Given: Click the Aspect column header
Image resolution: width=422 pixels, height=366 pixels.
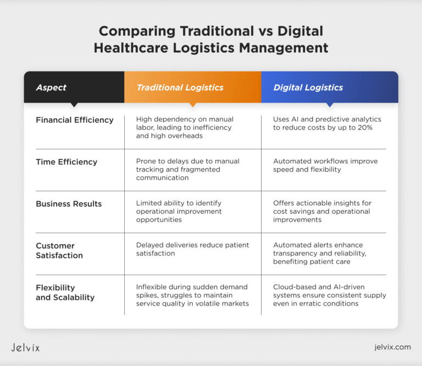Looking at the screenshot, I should pos(51,87).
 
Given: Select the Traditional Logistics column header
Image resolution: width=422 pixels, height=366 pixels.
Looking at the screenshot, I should pos(180,87).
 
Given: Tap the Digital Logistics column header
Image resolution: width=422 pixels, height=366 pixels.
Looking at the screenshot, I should pos(308,87).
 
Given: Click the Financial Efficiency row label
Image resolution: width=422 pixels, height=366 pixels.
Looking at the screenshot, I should pos(75,120).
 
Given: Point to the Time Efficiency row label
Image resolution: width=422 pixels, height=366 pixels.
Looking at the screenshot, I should pos(66,162).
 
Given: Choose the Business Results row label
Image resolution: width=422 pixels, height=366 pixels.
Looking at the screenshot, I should pos(69,203).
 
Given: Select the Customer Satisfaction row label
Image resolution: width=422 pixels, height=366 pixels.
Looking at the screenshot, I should pos(59,250).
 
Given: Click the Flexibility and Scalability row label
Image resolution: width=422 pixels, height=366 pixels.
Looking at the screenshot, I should pos(65,292).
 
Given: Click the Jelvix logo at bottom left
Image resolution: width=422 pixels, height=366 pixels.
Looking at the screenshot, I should pos(25,347).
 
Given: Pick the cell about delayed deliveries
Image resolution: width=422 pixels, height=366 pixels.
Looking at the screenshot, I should pos(192,249).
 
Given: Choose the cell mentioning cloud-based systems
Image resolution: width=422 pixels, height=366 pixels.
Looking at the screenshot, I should pos(329,295).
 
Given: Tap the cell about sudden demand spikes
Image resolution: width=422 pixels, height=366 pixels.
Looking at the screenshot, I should pos(192,295).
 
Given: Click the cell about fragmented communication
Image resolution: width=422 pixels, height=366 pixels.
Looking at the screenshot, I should pos(187,170).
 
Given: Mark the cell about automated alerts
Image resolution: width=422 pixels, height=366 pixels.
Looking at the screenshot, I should pos(326,253).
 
